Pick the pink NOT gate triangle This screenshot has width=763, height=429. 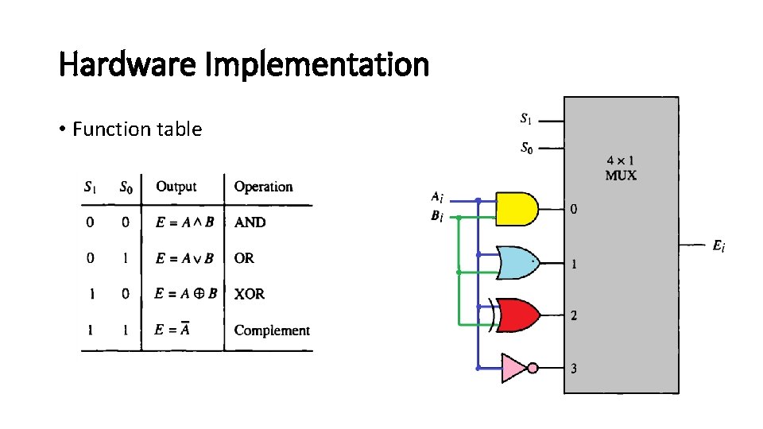(x=513, y=368)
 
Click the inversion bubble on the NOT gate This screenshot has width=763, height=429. (x=533, y=368)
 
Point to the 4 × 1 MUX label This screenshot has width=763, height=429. (x=620, y=168)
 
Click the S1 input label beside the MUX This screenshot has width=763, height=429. (x=526, y=120)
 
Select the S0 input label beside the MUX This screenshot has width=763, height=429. (x=526, y=147)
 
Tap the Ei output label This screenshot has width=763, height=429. (x=718, y=246)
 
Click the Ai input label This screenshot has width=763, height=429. (x=437, y=197)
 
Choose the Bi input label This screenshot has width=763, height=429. (x=437, y=215)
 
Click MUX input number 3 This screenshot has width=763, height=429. (x=574, y=369)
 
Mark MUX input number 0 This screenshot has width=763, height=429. (x=574, y=210)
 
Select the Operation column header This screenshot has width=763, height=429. (x=263, y=187)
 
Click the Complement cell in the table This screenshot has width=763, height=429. (x=272, y=330)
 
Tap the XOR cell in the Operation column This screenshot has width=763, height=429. (x=250, y=294)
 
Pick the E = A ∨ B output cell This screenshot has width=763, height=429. (x=184, y=258)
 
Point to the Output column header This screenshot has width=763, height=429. (x=176, y=187)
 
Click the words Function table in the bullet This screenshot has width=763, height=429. (x=137, y=129)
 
